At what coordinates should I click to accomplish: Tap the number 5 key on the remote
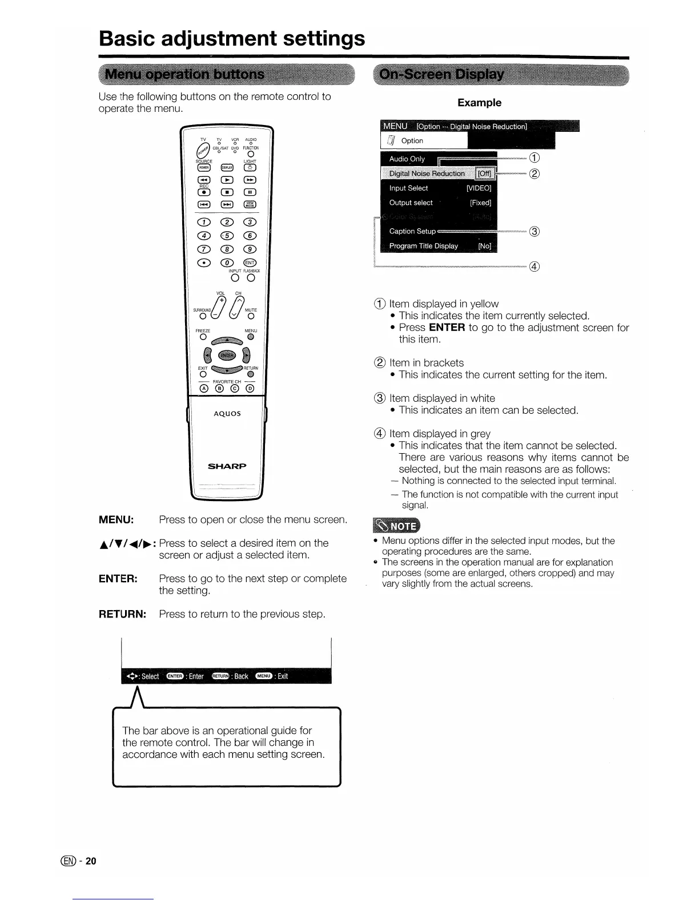(x=227, y=236)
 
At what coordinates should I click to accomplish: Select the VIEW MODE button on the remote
(x=250, y=205)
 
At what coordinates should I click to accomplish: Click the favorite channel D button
(x=250, y=389)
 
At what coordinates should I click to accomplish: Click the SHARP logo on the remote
(x=227, y=466)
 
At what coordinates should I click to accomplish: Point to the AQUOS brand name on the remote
(x=227, y=414)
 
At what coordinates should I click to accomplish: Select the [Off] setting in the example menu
(x=484, y=174)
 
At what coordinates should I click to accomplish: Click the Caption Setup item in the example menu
(x=412, y=231)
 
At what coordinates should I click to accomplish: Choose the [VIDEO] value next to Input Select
(x=479, y=188)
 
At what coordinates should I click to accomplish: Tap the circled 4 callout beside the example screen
(x=535, y=267)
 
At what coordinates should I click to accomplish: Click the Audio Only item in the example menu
(x=407, y=159)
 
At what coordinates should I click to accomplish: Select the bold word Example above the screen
(x=479, y=103)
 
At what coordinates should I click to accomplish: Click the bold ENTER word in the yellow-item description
(x=447, y=328)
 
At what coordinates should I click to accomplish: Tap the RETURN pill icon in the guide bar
(x=220, y=676)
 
